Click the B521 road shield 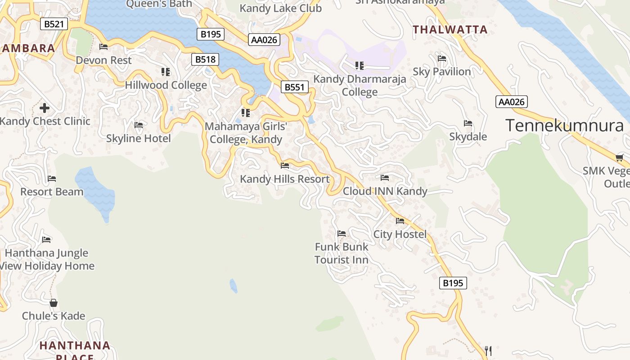(x=54, y=24)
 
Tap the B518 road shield (x=205, y=59)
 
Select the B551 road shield (x=295, y=87)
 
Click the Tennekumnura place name (x=564, y=125)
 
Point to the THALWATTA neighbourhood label (x=450, y=30)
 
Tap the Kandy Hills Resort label (x=284, y=179)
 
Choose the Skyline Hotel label (x=138, y=138)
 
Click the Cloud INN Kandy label (x=385, y=191)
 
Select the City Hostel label (x=400, y=234)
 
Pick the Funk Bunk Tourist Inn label (x=341, y=253)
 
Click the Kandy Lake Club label (x=280, y=8)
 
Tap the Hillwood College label (x=166, y=85)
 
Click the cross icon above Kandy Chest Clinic (x=44, y=108)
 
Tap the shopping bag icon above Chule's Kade (x=54, y=303)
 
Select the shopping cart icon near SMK (x=619, y=157)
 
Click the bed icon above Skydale (x=468, y=123)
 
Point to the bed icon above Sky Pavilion (x=442, y=58)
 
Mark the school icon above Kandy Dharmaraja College (x=359, y=66)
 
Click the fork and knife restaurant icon (x=488, y=350)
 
